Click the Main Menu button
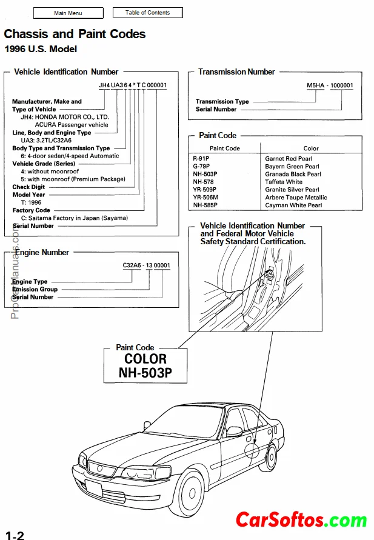[x=68, y=13]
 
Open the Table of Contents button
[x=147, y=13]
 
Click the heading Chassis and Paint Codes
[x=75, y=34]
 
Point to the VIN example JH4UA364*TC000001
[x=132, y=85]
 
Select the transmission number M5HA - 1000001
[x=330, y=86]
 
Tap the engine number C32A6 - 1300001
[x=146, y=265]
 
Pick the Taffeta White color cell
[x=284, y=182]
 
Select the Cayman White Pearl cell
[x=293, y=205]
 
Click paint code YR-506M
[x=205, y=198]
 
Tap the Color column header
[x=311, y=148]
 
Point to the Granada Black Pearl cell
[x=293, y=174]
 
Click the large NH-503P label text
[x=145, y=373]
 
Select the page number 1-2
[x=15, y=535]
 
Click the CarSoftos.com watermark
[x=301, y=519]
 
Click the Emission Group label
[x=35, y=290]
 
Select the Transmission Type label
[x=222, y=102]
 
